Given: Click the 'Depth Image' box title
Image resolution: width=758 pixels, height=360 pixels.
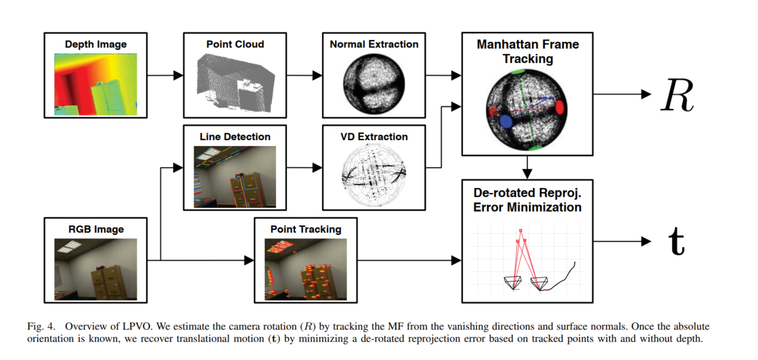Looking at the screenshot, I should (95, 45).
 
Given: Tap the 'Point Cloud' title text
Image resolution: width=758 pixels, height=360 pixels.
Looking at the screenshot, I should (235, 45).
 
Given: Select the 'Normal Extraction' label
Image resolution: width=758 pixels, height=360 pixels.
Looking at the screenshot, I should (374, 45).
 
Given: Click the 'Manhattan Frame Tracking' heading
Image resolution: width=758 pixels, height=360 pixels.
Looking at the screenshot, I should (527, 52).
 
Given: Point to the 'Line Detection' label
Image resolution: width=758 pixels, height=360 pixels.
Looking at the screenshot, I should (235, 137).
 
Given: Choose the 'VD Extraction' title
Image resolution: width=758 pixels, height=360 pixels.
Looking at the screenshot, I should (374, 137).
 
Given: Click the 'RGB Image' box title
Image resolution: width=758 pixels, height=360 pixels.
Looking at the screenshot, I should (95, 229).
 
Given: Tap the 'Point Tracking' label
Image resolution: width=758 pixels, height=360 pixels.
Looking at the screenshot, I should (305, 229).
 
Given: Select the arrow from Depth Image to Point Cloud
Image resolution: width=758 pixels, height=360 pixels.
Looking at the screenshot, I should (164, 75).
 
